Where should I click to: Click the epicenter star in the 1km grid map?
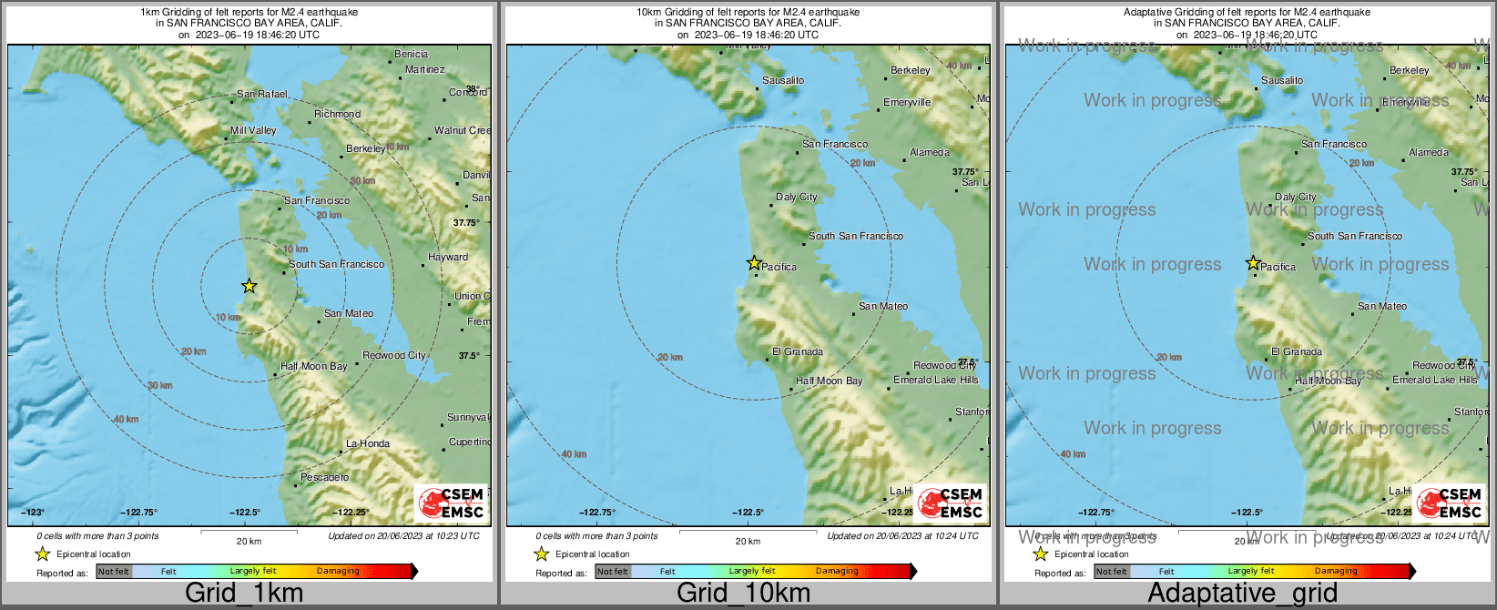click(x=249, y=286)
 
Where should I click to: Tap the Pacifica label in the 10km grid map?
click(x=779, y=267)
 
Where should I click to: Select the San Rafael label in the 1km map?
click(x=261, y=94)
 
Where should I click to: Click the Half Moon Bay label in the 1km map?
click(x=313, y=366)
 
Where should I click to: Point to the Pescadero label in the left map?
click(x=324, y=477)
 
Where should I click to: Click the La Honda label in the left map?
click(x=367, y=443)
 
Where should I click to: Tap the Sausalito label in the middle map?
click(x=783, y=80)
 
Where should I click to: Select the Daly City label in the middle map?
click(x=796, y=197)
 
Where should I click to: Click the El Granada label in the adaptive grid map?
click(x=1297, y=351)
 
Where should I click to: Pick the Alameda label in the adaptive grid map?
click(x=1428, y=152)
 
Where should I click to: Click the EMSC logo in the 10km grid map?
click(x=951, y=503)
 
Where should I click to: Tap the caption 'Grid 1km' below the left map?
click(x=244, y=593)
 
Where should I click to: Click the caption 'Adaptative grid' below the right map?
click(x=1242, y=593)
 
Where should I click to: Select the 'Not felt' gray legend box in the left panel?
click(x=114, y=572)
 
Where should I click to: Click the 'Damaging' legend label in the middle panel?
click(x=837, y=572)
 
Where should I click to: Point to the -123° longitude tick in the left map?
click(x=34, y=513)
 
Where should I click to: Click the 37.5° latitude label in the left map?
click(x=468, y=356)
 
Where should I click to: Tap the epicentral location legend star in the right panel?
click(x=1040, y=554)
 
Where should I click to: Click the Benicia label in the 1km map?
click(x=411, y=55)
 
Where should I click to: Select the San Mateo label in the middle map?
click(x=882, y=306)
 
